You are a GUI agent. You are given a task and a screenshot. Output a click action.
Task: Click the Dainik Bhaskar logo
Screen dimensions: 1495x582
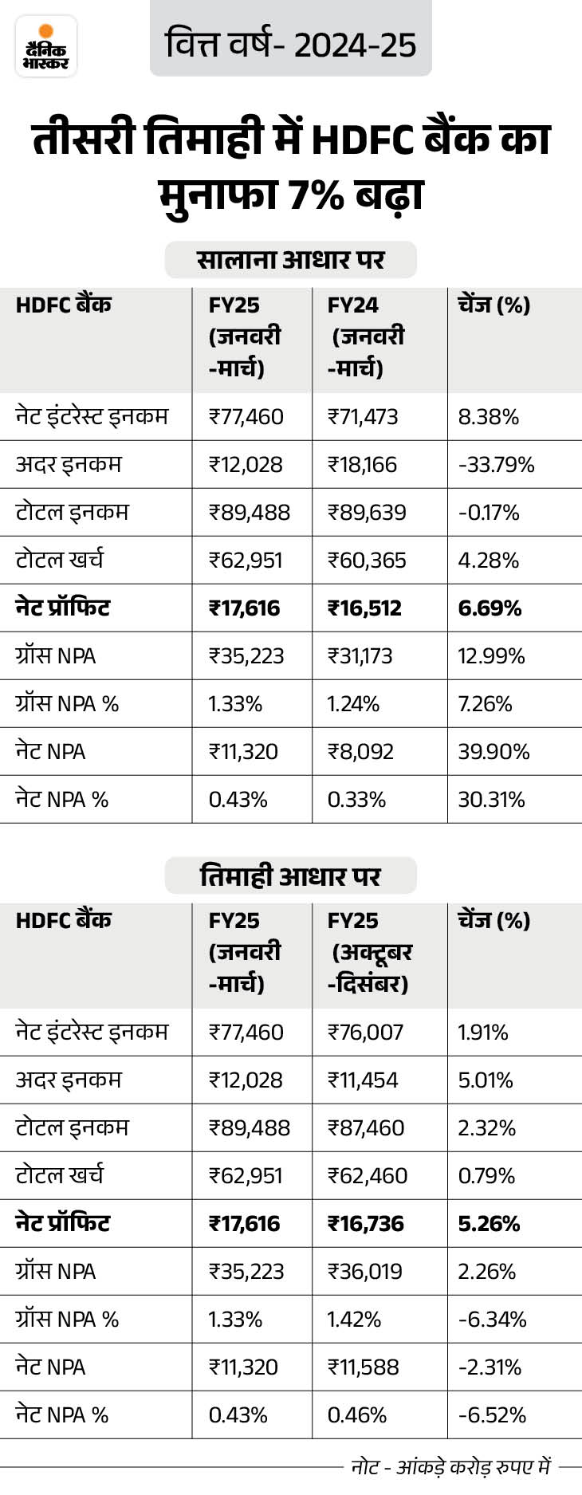coord(46,46)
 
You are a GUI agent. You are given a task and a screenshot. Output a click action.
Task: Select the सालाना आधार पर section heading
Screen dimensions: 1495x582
coord(290,260)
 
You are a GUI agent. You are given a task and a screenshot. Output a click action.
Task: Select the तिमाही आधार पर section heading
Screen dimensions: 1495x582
coord(290,875)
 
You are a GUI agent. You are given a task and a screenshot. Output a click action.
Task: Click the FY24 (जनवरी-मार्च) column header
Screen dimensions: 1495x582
coord(365,336)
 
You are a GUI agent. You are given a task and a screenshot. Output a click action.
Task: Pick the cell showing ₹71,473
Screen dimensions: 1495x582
coord(363,417)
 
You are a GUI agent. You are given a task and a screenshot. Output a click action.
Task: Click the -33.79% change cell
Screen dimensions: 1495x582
coord(496,465)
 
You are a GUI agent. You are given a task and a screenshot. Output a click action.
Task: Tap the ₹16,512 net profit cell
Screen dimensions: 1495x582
coord(364,608)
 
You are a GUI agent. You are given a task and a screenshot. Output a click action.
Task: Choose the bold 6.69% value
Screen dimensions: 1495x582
coord(490,608)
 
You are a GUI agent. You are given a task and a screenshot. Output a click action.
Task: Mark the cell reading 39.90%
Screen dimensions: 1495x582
coord(494,752)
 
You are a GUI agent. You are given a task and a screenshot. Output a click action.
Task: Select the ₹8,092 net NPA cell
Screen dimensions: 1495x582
coord(360,752)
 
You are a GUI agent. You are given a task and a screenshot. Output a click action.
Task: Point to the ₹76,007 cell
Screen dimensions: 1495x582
coord(365,1033)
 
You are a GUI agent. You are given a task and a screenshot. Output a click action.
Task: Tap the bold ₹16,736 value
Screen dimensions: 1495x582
coord(366,1224)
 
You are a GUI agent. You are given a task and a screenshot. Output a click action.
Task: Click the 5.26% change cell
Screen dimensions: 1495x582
coord(489,1224)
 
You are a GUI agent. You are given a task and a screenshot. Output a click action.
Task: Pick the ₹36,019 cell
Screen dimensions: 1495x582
coord(365,1272)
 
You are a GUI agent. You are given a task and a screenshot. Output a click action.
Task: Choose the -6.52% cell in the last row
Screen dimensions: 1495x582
coord(492,1415)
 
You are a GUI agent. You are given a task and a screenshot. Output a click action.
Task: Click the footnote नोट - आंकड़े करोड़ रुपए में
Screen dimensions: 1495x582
coord(451,1467)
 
